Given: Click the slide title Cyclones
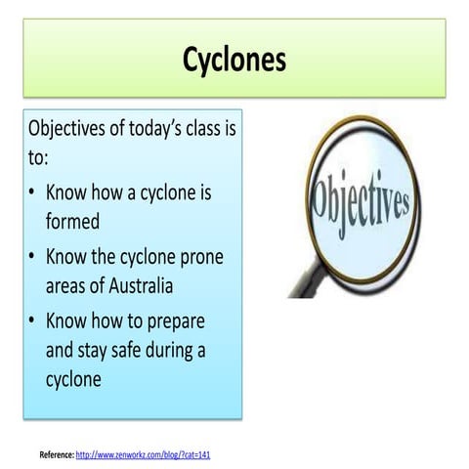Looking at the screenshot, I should [234, 61].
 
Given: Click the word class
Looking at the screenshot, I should [216, 129].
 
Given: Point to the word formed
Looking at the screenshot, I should [72, 221].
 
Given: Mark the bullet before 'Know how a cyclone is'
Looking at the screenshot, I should [33, 192].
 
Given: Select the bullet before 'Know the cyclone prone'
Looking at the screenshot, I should [33, 256].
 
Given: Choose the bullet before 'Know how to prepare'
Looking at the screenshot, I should [33, 320].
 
